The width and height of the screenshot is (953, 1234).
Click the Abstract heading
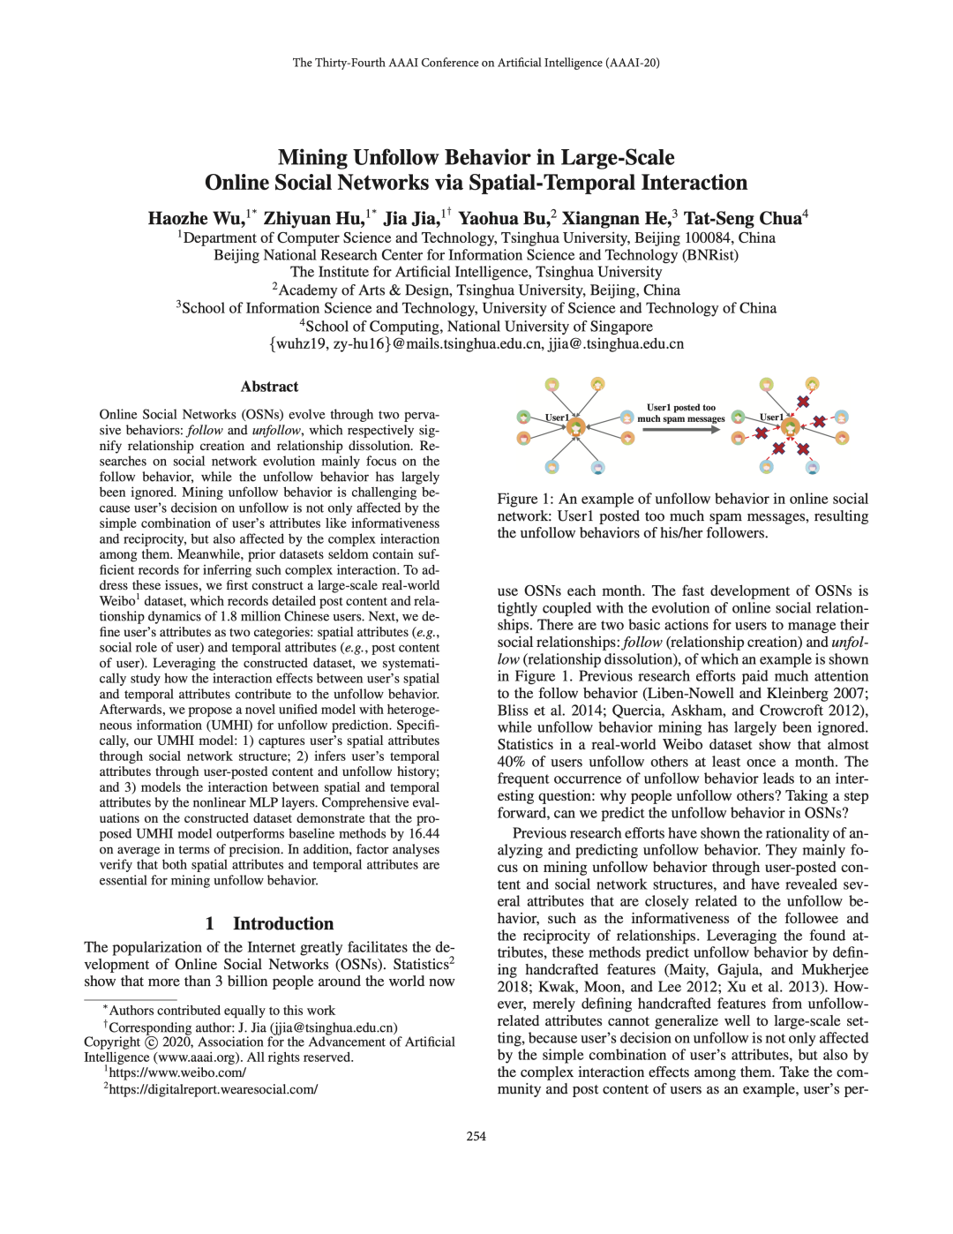(269, 387)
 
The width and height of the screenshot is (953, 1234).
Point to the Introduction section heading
(282, 924)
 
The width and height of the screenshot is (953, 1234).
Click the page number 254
(476, 1136)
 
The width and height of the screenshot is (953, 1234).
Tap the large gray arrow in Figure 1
(680, 430)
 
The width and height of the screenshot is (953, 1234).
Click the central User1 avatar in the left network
(576, 427)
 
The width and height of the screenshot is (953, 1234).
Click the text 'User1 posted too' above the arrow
(680, 408)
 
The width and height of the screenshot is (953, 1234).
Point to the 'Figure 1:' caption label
(526, 500)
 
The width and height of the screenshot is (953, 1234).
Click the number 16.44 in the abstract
(423, 834)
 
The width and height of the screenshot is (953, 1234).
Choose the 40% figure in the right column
(511, 762)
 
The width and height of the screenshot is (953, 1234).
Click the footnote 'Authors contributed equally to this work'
(221, 1011)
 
